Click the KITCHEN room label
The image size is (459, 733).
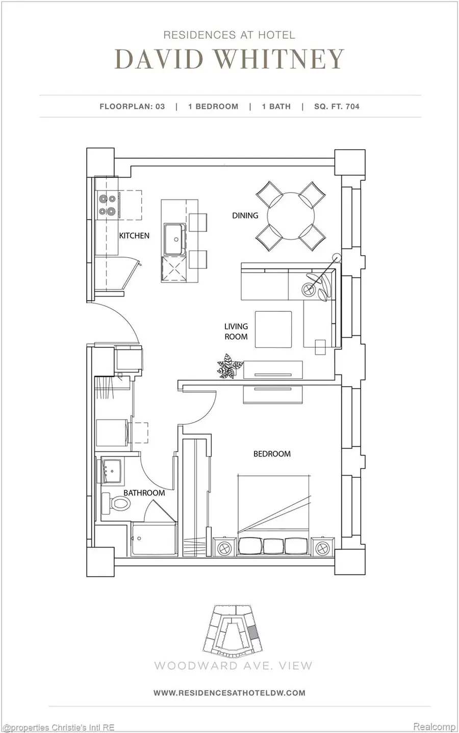tap(134, 235)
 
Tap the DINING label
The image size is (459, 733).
tap(245, 215)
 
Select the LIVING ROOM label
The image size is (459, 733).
tap(236, 331)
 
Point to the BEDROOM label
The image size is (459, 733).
tap(272, 453)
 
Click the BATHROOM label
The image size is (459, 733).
tap(144, 493)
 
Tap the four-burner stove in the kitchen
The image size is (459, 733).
tap(108, 205)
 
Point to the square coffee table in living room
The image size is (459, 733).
tap(273, 330)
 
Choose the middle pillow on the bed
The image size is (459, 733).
tap(273, 546)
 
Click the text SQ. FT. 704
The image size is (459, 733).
tap(337, 106)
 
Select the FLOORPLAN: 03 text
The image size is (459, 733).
tap(132, 106)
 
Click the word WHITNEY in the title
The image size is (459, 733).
tap(278, 60)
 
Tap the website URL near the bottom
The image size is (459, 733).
tap(229, 692)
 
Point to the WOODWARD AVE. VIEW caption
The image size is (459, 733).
tap(233, 665)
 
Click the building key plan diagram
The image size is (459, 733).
tap(233, 630)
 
